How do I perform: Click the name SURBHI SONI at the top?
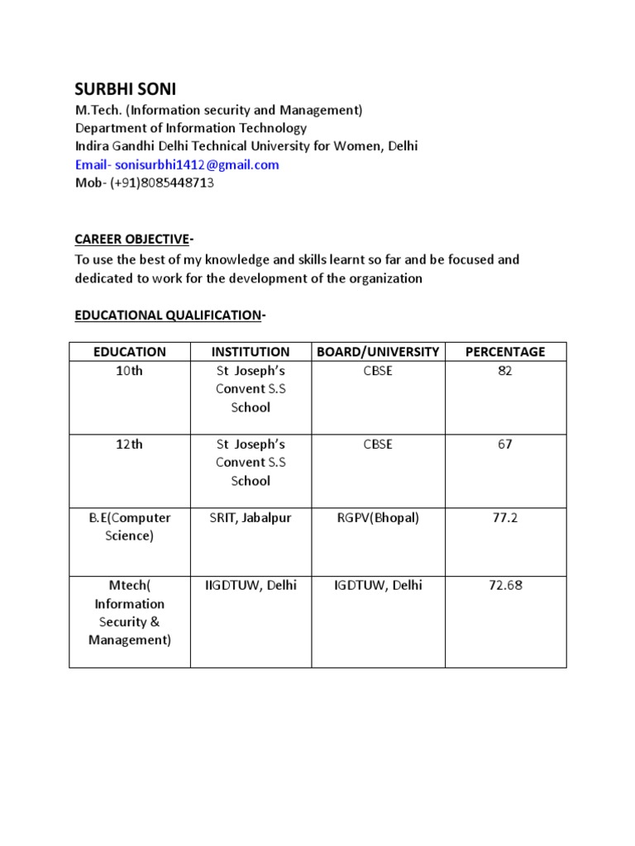click(x=125, y=89)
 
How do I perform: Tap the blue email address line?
click(x=177, y=164)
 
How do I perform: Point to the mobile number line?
click(x=145, y=183)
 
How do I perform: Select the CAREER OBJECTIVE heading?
click(x=132, y=240)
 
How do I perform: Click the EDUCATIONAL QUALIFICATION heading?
click(x=168, y=315)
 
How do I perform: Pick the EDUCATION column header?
click(x=130, y=352)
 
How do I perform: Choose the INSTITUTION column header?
click(x=251, y=352)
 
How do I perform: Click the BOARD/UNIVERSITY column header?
click(x=378, y=352)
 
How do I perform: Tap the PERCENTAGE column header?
click(x=505, y=352)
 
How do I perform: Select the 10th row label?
click(x=130, y=371)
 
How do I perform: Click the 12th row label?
click(x=130, y=444)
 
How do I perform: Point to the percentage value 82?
click(x=505, y=371)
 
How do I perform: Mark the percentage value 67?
click(x=505, y=444)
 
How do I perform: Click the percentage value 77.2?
click(x=505, y=518)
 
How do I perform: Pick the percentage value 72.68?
click(x=505, y=586)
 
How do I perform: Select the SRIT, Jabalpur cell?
click(x=251, y=518)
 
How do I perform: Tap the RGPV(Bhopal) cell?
click(x=378, y=518)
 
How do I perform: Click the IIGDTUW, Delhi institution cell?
click(x=251, y=586)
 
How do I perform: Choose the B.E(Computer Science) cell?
click(x=130, y=527)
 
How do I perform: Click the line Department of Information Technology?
click(x=191, y=128)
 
